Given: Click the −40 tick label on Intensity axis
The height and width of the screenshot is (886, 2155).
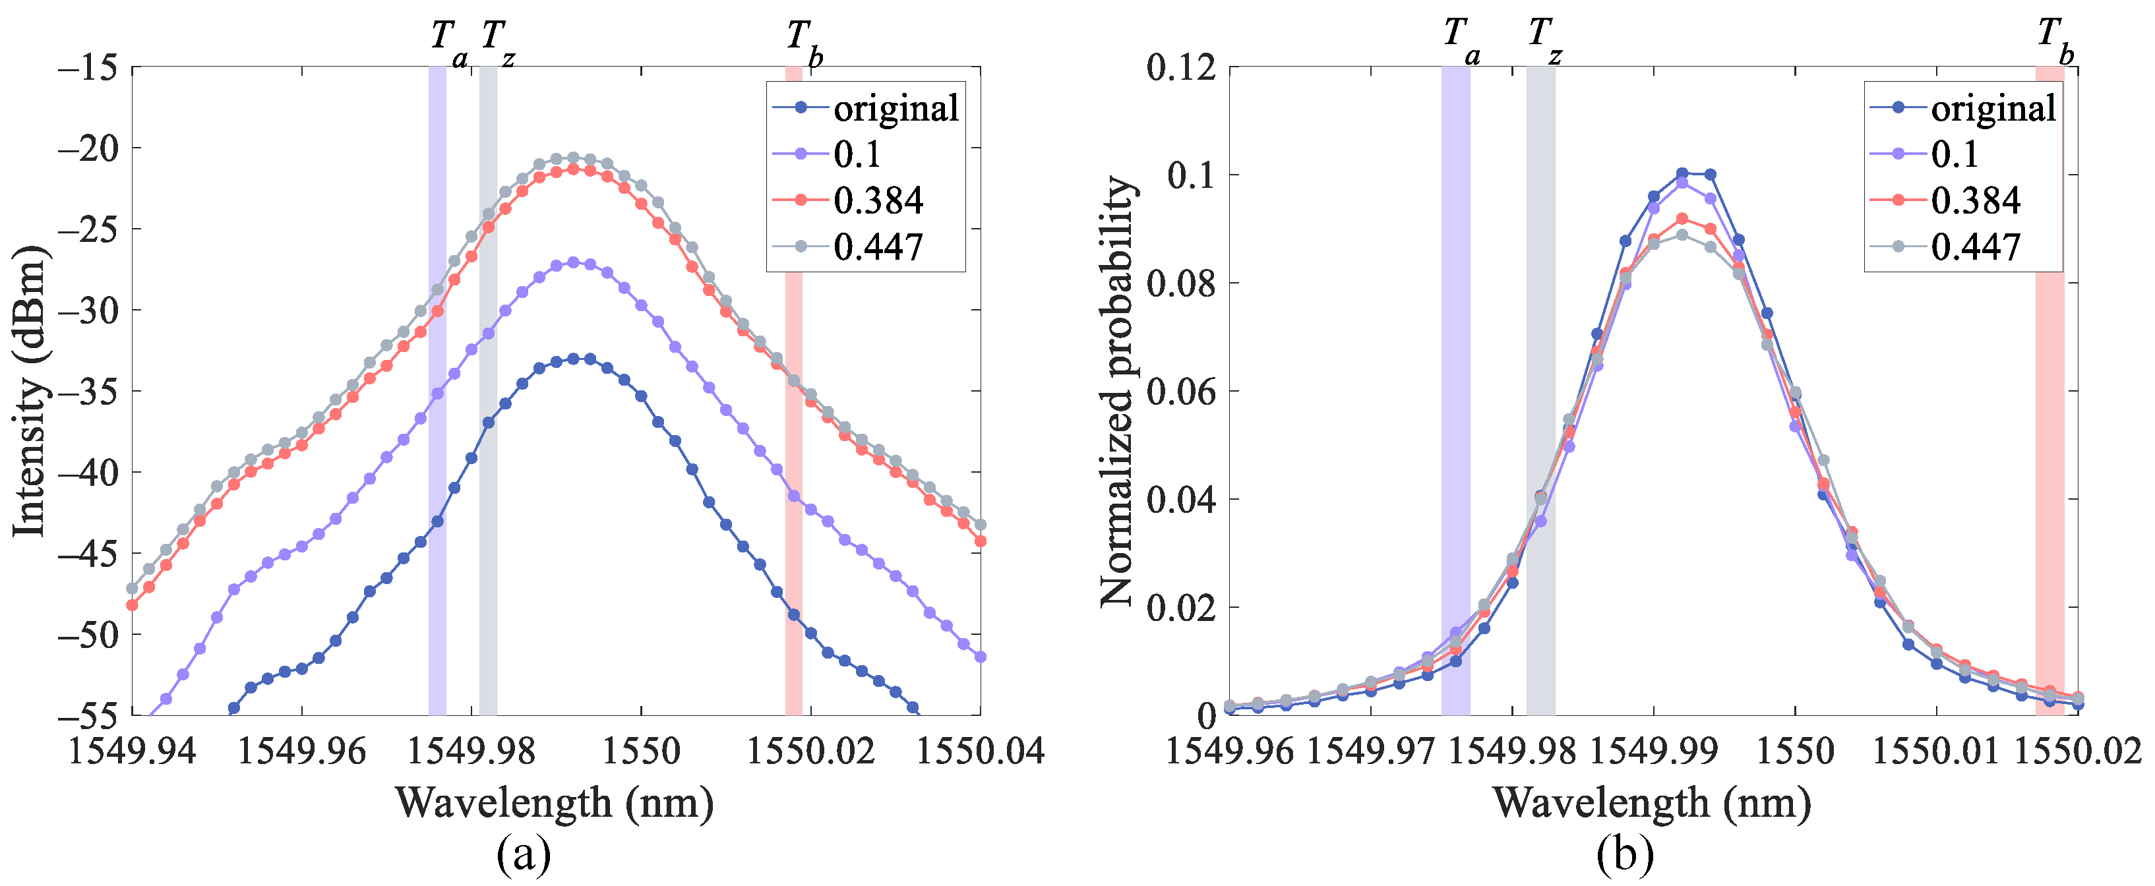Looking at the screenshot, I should pos(87,473).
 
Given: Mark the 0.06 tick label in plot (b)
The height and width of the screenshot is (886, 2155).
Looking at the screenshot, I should pos(1180,392).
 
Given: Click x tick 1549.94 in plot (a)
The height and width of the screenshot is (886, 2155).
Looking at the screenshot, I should pos(131,750).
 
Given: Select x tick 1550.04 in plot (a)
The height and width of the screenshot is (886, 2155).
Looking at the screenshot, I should pos(981,750).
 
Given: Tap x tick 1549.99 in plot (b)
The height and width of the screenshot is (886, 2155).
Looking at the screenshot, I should pos(1653,750).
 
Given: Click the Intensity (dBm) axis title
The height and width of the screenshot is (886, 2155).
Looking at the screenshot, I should pos(28,392).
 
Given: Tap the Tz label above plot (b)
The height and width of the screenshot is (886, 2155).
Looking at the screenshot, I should pos(1544,38).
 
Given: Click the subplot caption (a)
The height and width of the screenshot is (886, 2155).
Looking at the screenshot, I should pos(524,855).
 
